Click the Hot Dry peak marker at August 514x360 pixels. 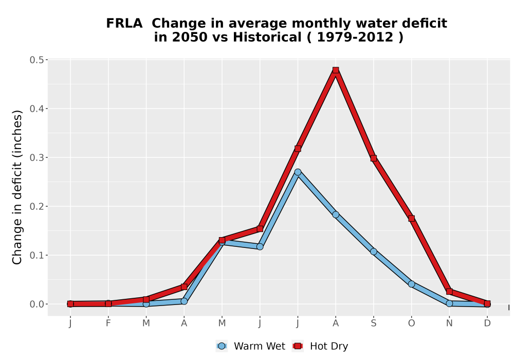(335, 70)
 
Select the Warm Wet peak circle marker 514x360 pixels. (298, 172)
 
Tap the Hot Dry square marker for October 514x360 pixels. (411, 219)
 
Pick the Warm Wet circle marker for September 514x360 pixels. (373, 251)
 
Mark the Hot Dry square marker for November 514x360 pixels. (449, 292)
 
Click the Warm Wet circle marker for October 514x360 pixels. (411, 284)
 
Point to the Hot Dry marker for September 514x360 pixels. (373, 158)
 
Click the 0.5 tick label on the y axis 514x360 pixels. (36, 60)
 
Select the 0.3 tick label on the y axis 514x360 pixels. (36, 158)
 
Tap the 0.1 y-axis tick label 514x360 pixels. (36, 256)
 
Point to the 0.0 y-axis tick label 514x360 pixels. (36, 304)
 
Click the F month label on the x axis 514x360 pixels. (108, 323)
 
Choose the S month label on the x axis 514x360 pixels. (373, 323)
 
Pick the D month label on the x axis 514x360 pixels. (487, 323)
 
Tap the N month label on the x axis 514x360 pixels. (449, 323)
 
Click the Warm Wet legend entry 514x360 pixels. (251, 346)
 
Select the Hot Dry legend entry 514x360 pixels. (320, 346)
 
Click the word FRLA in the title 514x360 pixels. (124, 23)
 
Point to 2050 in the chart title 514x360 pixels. (190, 37)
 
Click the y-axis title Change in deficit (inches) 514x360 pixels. (17, 187)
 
